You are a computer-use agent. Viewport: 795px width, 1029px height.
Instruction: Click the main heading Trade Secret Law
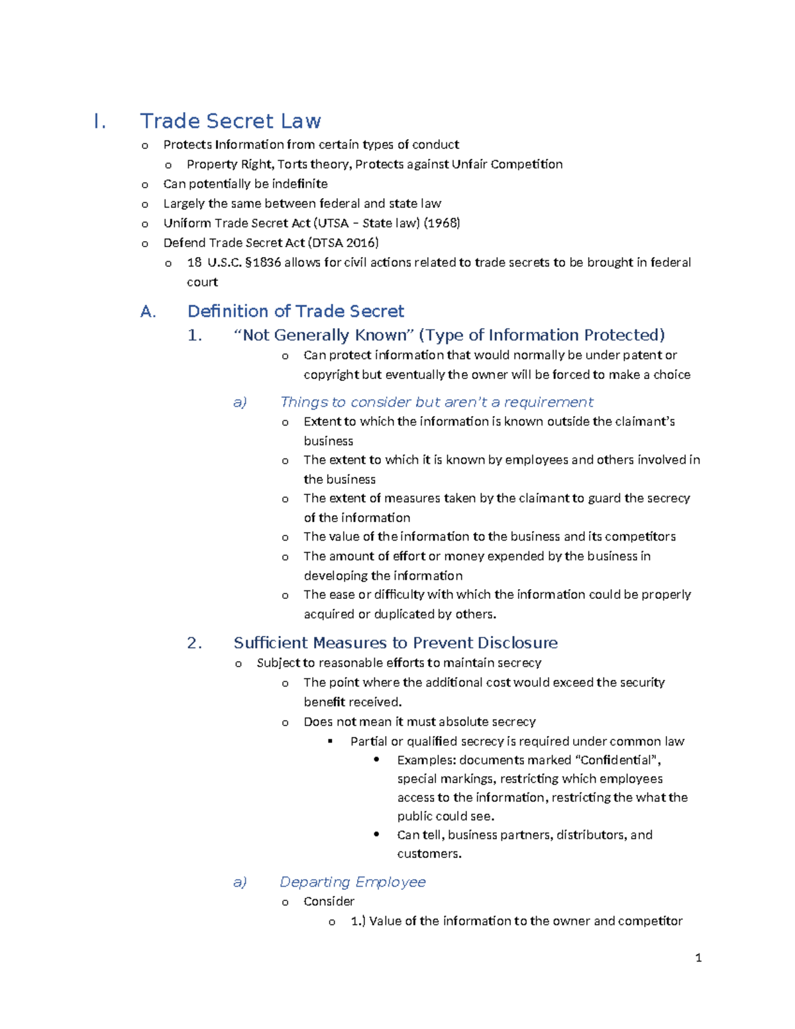click(x=230, y=121)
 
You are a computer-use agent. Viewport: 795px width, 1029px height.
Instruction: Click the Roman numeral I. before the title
click(x=99, y=122)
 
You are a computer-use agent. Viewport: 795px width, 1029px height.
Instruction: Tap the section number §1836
click(x=263, y=262)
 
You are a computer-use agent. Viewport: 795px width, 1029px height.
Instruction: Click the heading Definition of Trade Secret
click(x=295, y=311)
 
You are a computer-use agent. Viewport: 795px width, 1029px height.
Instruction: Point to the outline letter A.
click(x=148, y=312)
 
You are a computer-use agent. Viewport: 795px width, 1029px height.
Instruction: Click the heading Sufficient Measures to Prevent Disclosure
click(x=396, y=643)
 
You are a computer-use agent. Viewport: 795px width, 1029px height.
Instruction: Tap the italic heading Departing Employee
click(x=352, y=882)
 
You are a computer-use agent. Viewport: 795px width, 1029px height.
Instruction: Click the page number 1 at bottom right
click(x=698, y=957)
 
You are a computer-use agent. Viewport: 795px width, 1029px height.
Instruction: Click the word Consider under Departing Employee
click(x=329, y=901)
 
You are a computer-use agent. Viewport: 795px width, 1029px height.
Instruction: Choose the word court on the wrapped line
click(x=202, y=282)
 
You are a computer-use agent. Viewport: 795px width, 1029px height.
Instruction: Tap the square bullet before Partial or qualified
click(x=331, y=741)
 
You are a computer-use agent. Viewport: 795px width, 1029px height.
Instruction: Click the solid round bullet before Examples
click(x=376, y=760)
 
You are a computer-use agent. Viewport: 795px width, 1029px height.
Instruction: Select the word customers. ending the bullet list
click(x=429, y=853)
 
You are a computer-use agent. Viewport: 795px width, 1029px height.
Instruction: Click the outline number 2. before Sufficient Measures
click(x=194, y=643)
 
